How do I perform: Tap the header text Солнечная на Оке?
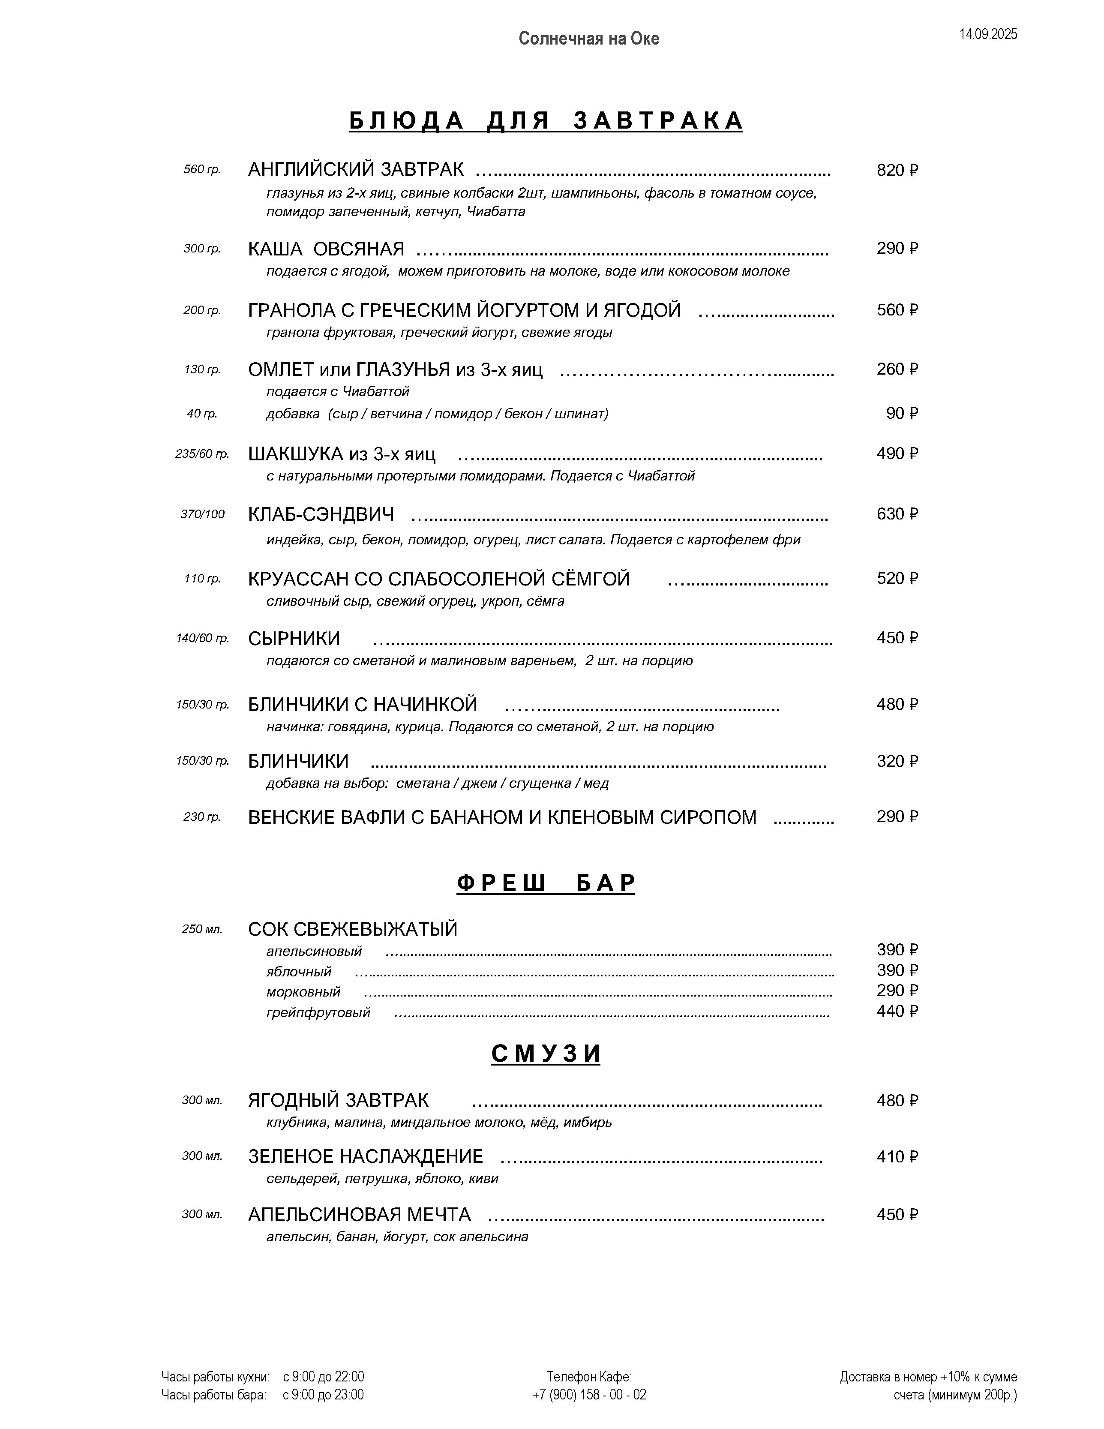pyautogui.click(x=588, y=39)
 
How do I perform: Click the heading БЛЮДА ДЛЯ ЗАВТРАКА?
pyautogui.click(x=545, y=121)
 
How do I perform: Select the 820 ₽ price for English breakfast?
pyautogui.click(x=897, y=170)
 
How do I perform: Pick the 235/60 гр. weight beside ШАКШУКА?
pyautogui.click(x=202, y=453)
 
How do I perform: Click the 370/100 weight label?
pyautogui.click(x=202, y=514)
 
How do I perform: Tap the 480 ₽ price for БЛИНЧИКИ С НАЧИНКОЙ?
pyautogui.click(x=897, y=704)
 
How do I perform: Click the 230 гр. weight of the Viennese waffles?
pyautogui.click(x=202, y=817)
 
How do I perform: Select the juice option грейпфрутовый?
pyautogui.click(x=318, y=1012)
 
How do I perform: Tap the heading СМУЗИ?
pyautogui.click(x=545, y=1054)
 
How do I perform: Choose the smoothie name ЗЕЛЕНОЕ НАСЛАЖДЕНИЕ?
pyautogui.click(x=365, y=1156)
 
